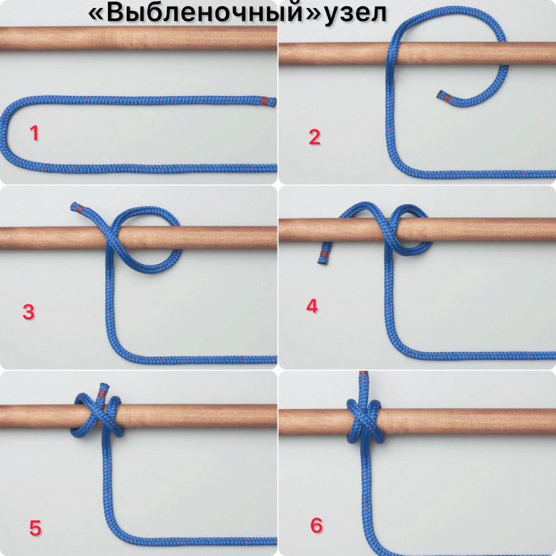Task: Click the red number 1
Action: click(34, 134)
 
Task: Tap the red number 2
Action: click(314, 137)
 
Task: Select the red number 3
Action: click(28, 312)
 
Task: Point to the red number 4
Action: click(312, 306)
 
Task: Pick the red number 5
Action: click(35, 528)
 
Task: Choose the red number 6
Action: click(316, 525)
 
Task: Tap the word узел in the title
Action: click(355, 14)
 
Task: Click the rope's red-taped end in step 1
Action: click(269, 102)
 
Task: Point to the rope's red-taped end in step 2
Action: click(443, 96)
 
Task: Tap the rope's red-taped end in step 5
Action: click(102, 391)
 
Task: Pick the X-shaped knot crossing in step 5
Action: click(103, 416)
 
